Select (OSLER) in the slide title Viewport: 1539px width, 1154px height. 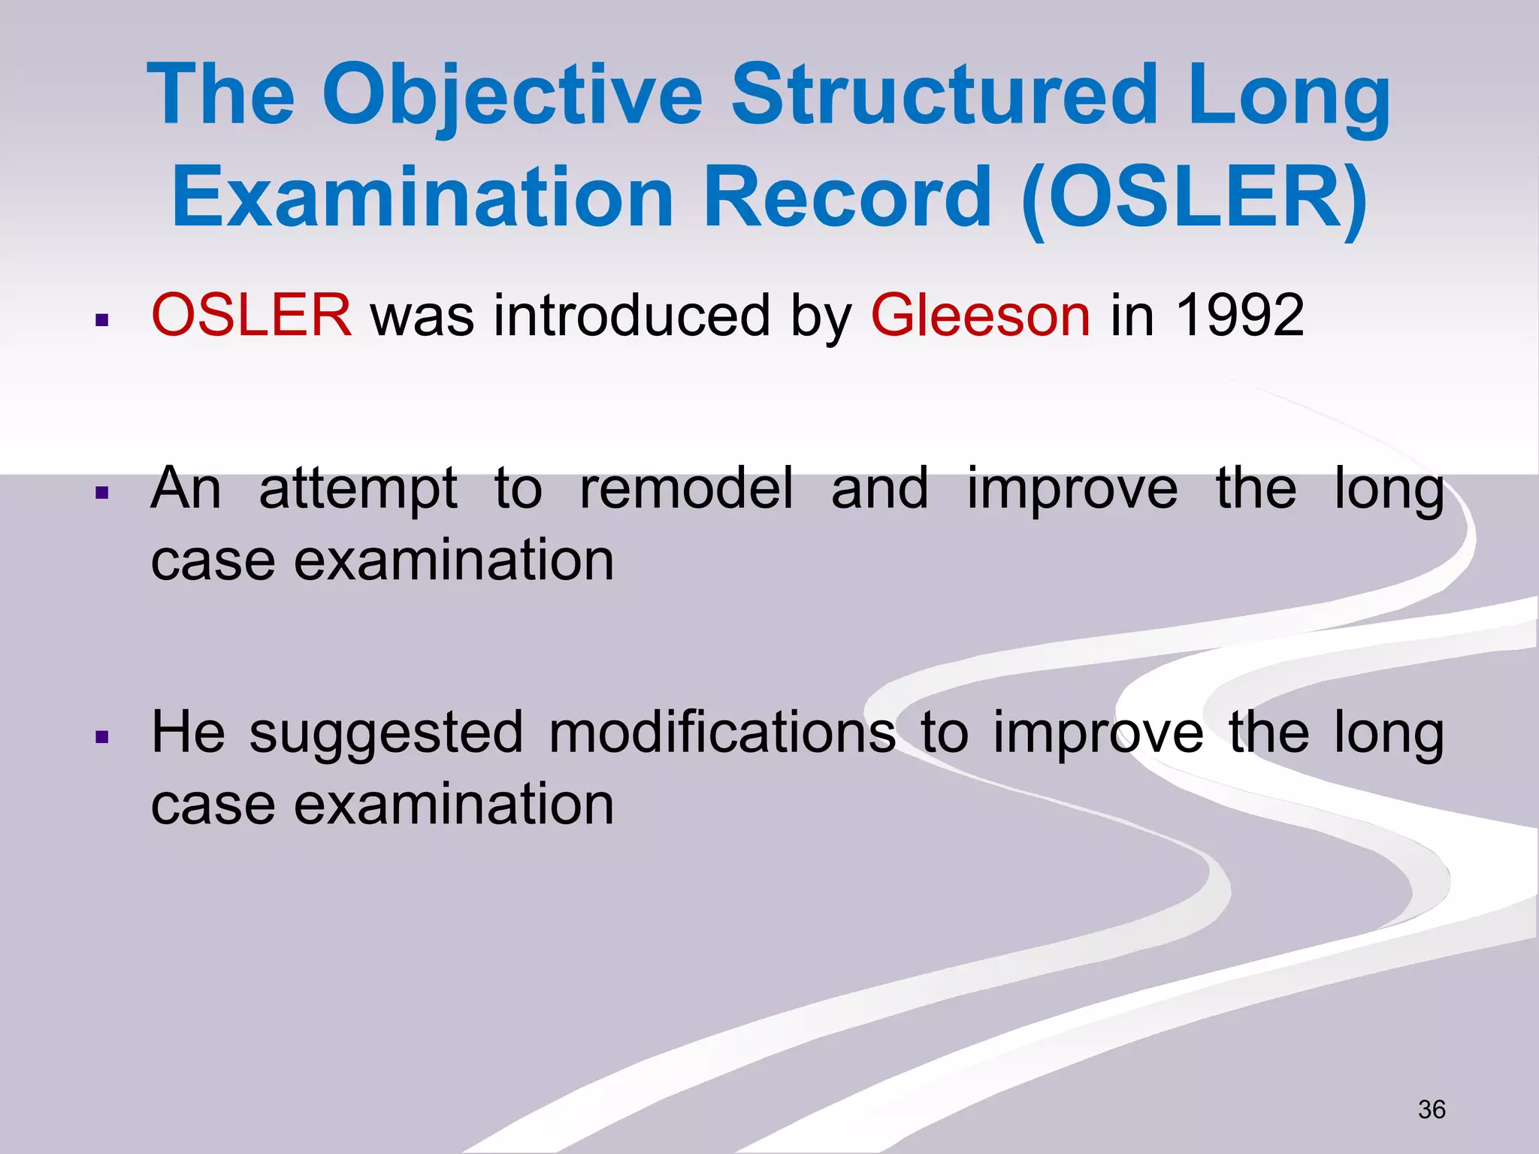click(x=1195, y=198)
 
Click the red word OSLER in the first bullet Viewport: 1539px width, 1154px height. click(x=251, y=315)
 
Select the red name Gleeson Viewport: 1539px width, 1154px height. click(x=980, y=316)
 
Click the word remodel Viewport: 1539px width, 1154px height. click(x=686, y=488)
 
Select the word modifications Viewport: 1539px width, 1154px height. click(x=722, y=733)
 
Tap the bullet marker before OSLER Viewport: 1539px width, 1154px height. click(x=103, y=322)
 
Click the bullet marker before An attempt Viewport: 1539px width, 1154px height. click(x=103, y=494)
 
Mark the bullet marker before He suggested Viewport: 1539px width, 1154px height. click(x=103, y=738)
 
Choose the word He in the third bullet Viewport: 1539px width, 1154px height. click(x=188, y=732)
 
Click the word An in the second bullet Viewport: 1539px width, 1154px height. click(x=186, y=488)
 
